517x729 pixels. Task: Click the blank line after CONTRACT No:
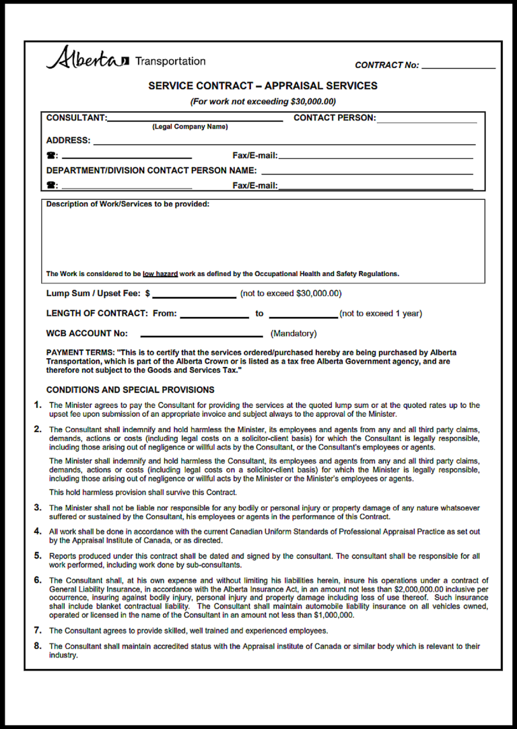458,66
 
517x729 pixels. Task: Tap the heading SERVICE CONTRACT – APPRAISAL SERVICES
263,86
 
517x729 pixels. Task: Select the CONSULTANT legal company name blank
195,118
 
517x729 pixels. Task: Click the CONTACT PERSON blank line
426,120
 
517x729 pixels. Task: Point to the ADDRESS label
68,141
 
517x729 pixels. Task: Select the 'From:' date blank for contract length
214,314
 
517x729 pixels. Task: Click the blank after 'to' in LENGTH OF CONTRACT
303,314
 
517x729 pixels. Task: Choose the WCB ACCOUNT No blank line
201,334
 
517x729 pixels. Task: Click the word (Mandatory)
294,334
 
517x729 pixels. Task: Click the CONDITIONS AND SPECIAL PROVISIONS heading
130,390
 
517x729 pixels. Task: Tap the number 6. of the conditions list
38,580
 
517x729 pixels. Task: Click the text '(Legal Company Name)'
190,127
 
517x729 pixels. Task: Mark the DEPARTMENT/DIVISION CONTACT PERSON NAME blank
367,172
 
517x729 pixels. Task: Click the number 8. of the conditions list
38,646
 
